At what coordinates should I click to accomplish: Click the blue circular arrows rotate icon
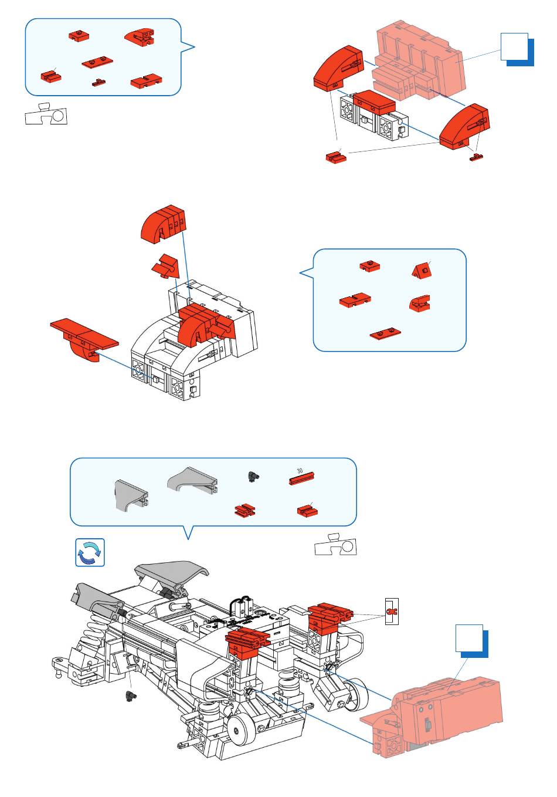coord(90,552)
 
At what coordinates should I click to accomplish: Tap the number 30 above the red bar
coord(300,471)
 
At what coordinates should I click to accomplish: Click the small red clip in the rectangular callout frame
coord(391,612)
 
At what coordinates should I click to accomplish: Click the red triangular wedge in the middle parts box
coord(422,270)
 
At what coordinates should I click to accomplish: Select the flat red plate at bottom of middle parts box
coord(385,333)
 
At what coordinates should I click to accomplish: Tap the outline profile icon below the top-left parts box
coord(47,114)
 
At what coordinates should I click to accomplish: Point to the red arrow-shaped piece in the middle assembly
coord(166,267)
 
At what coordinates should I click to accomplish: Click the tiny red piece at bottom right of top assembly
coord(477,157)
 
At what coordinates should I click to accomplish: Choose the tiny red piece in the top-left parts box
coord(99,82)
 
